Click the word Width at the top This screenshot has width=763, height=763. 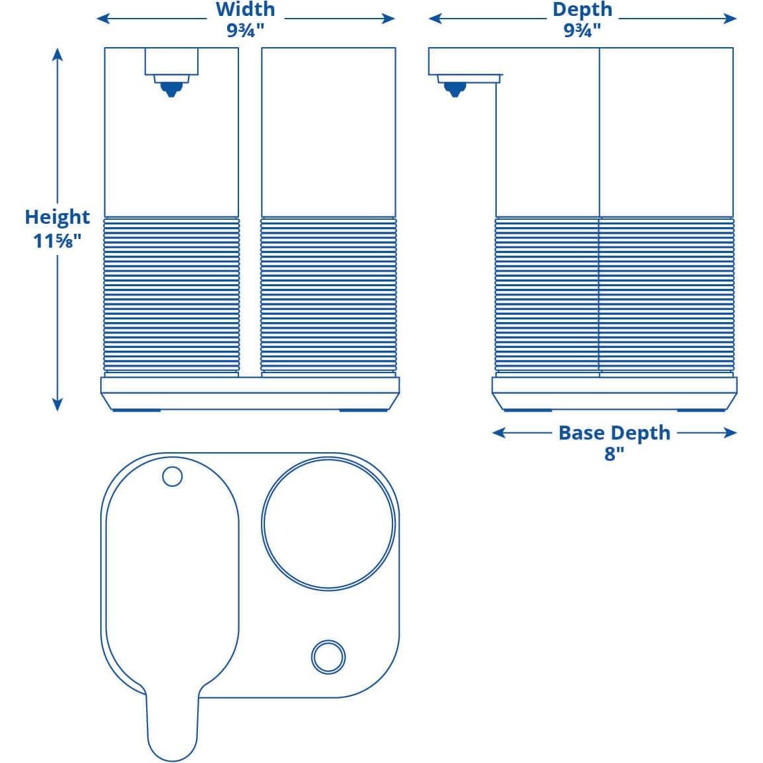(245, 10)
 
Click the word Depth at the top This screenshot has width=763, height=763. (582, 10)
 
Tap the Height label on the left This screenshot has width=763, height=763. (57, 217)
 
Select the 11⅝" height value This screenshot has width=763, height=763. (57, 240)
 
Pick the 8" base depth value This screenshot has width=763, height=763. (614, 454)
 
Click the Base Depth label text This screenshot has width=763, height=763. (614, 433)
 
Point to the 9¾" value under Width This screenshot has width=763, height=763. (245, 31)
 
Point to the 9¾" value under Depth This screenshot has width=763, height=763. (582, 31)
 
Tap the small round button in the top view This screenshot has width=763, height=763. (328, 657)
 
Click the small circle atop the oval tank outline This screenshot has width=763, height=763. (172, 476)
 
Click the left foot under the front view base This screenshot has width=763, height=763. (136, 410)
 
